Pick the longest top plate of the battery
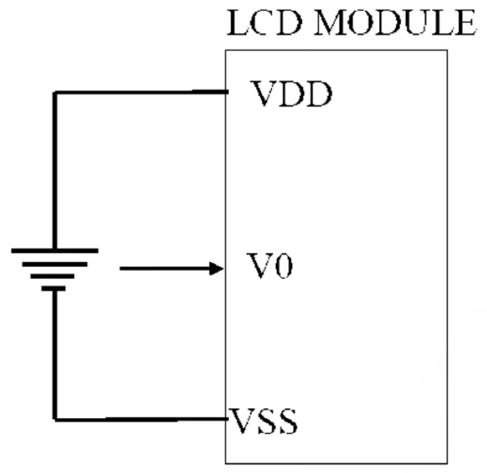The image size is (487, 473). tap(55, 251)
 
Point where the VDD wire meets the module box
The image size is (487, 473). tap(226, 92)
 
